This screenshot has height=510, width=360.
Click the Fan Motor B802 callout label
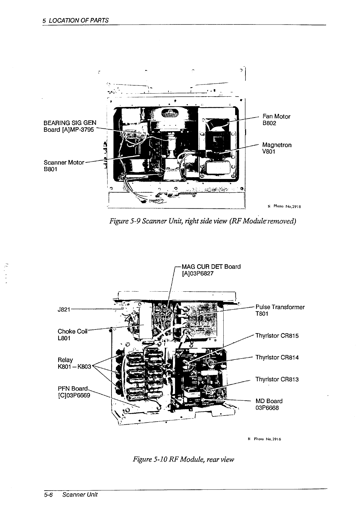(276, 120)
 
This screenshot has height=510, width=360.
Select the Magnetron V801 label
(277, 148)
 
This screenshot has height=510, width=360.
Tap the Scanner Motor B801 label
(64, 165)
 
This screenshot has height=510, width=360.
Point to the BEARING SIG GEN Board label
(70, 126)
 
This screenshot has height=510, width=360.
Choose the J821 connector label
(64, 309)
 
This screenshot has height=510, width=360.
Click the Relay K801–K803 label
(74, 363)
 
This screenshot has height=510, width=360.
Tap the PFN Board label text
(74, 392)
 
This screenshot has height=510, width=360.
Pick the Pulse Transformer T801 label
(280, 310)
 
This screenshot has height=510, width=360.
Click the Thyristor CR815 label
(277, 336)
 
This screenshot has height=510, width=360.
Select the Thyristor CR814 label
(277, 357)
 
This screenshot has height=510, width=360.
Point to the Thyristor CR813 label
(277, 379)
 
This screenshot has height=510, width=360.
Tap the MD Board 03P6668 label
(269, 404)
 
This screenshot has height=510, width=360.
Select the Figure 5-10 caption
(183, 459)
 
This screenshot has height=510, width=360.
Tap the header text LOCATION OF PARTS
(78, 21)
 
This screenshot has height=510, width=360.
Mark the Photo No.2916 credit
(263, 439)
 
